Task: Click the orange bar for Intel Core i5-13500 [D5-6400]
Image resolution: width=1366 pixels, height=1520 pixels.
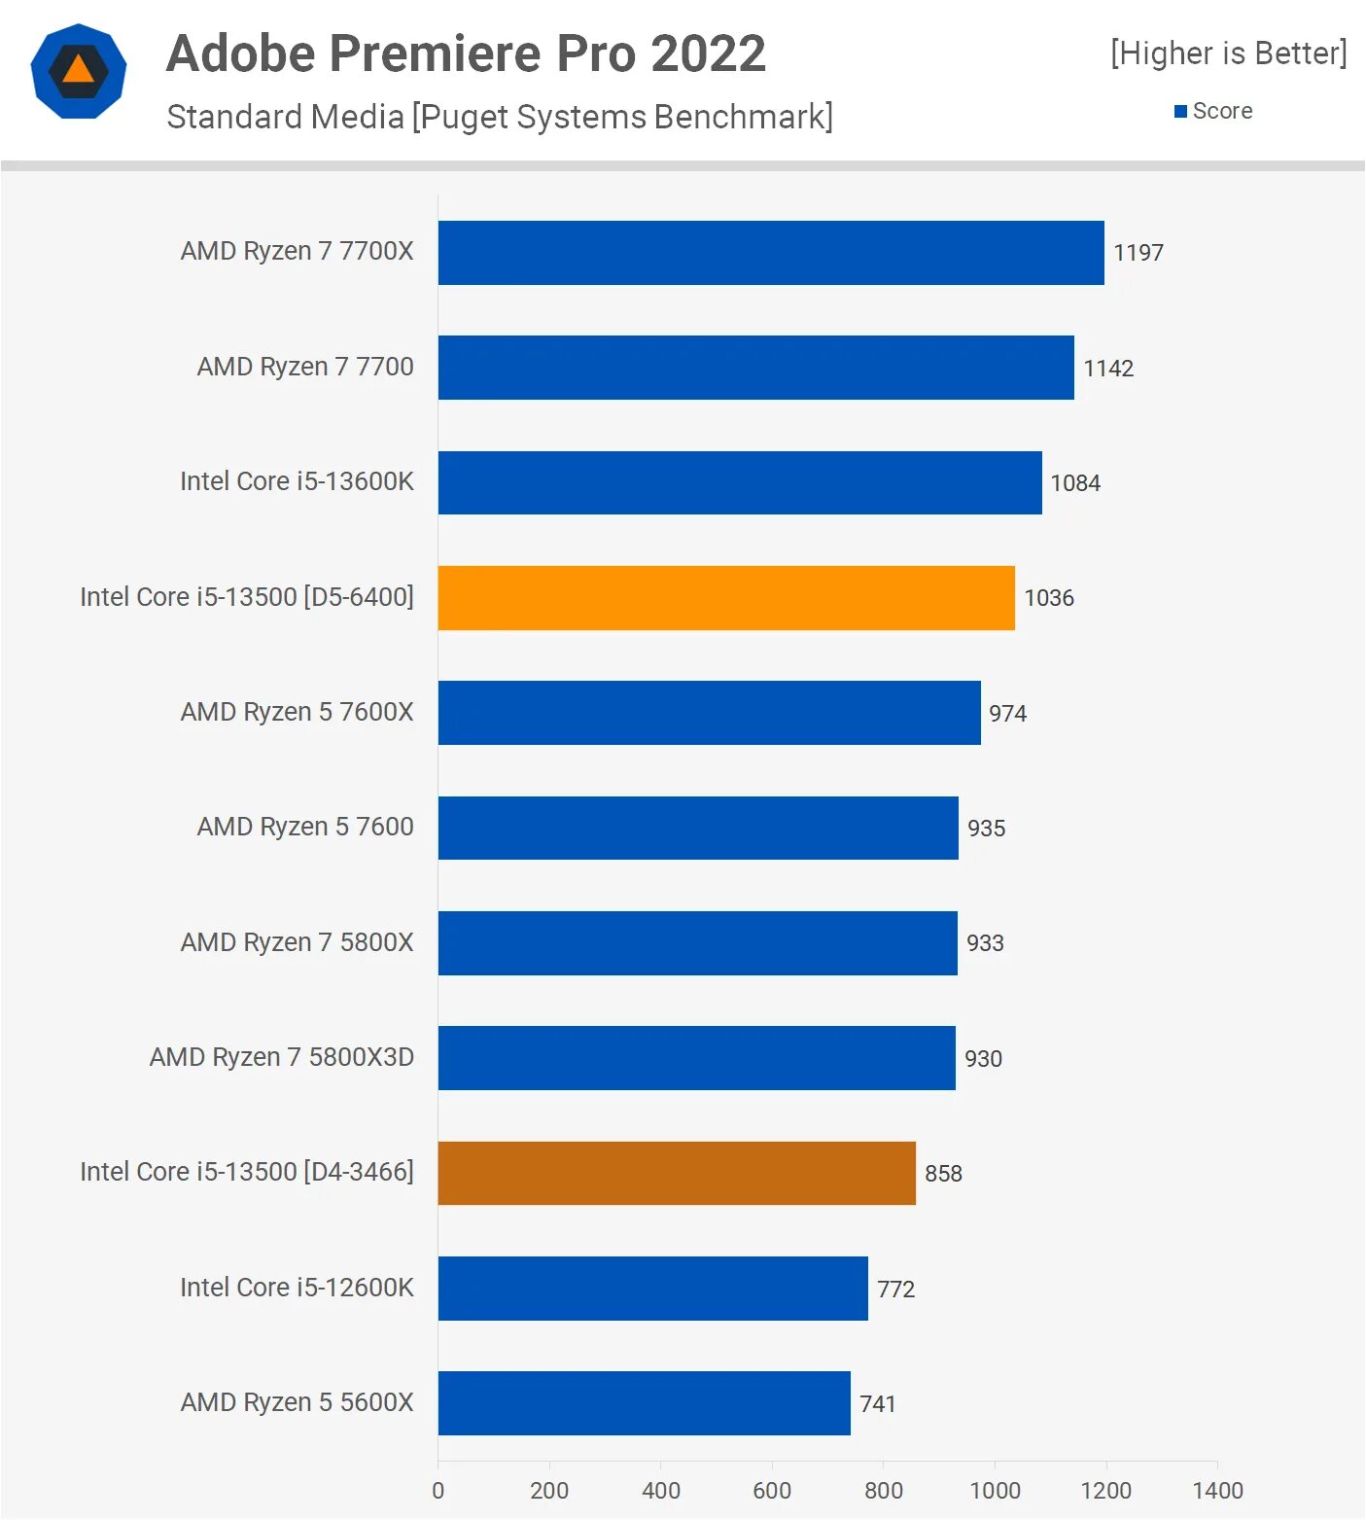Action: [726, 598]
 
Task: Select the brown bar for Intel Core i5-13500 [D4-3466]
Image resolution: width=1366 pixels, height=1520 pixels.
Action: [677, 1173]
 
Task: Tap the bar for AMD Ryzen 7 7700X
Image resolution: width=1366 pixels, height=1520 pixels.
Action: [771, 253]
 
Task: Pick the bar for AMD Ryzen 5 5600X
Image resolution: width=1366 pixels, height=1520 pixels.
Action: [644, 1403]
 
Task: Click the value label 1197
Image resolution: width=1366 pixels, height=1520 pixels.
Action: [1138, 253]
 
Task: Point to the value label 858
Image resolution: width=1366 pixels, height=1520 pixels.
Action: [943, 1174]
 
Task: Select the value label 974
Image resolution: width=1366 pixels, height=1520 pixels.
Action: [1007, 714]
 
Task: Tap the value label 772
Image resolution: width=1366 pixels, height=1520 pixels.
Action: [895, 1290]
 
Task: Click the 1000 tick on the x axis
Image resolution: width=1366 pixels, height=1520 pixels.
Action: [995, 1490]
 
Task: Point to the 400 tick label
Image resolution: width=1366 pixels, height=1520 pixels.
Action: [661, 1490]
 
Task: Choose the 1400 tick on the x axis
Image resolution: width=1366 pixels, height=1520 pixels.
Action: [1217, 1490]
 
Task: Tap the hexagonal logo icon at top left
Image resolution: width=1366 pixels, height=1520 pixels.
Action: [79, 71]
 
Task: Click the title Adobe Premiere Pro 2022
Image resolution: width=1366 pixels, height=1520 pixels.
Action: [466, 53]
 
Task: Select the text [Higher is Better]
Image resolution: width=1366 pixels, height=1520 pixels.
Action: [1228, 53]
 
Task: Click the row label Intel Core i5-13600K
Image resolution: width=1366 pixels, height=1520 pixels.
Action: [297, 481]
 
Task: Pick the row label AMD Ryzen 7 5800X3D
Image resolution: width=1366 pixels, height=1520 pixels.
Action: [281, 1057]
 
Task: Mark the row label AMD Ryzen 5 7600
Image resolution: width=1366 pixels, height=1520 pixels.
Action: [305, 827]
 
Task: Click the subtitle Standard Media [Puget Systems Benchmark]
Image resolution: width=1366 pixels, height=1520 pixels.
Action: [500, 117]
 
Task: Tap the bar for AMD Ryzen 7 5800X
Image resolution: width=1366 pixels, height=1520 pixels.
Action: [697, 943]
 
